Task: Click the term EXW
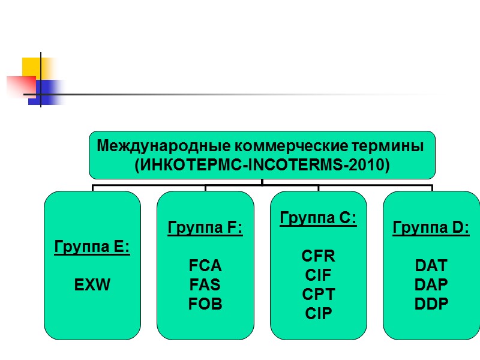tap(92, 285)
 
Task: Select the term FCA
tap(205, 266)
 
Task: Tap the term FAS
tap(205, 285)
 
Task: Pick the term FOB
tap(205, 304)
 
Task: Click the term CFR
tap(319, 256)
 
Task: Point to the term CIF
tap(319, 275)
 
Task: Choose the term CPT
tap(319, 295)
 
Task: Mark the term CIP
tap(319, 314)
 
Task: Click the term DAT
tap(431, 266)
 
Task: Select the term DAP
tap(431, 285)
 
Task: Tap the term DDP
tap(431, 304)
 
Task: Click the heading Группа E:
tap(92, 247)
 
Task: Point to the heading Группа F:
tap(205, 228)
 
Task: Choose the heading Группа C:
tap(319, 218)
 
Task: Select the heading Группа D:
tap(431, 228)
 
